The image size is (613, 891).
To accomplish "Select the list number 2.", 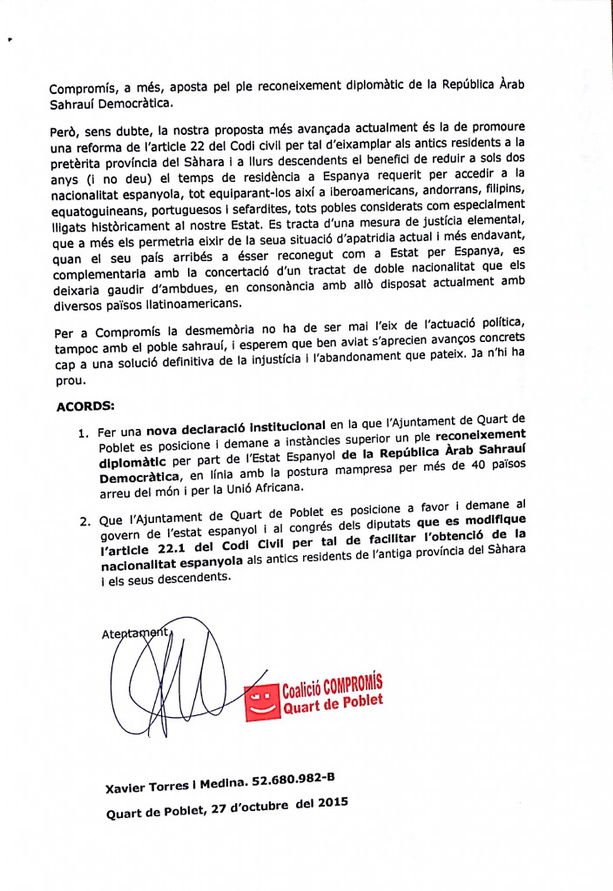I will coord(84,523).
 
